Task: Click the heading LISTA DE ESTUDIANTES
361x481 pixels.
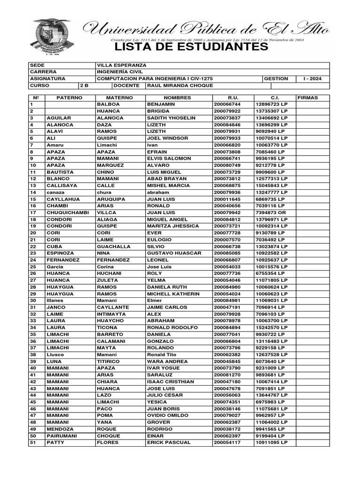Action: click(191, 47)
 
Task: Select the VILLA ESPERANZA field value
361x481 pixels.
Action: click(121, 65)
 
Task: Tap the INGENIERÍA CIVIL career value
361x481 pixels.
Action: click(120, 72)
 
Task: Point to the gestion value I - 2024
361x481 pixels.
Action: click(313, 79)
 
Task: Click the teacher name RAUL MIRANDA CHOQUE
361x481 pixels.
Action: click(180, 86)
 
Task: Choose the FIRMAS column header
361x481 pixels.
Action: click(308, 98)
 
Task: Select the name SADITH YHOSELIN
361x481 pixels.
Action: click(171, 118)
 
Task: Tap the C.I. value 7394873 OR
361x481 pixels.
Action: click(271, 213)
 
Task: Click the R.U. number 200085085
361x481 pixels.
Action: click(227, 253)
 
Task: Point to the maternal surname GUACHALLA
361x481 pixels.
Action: click(114, 247)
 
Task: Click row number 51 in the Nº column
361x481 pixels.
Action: click(33, 443)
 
